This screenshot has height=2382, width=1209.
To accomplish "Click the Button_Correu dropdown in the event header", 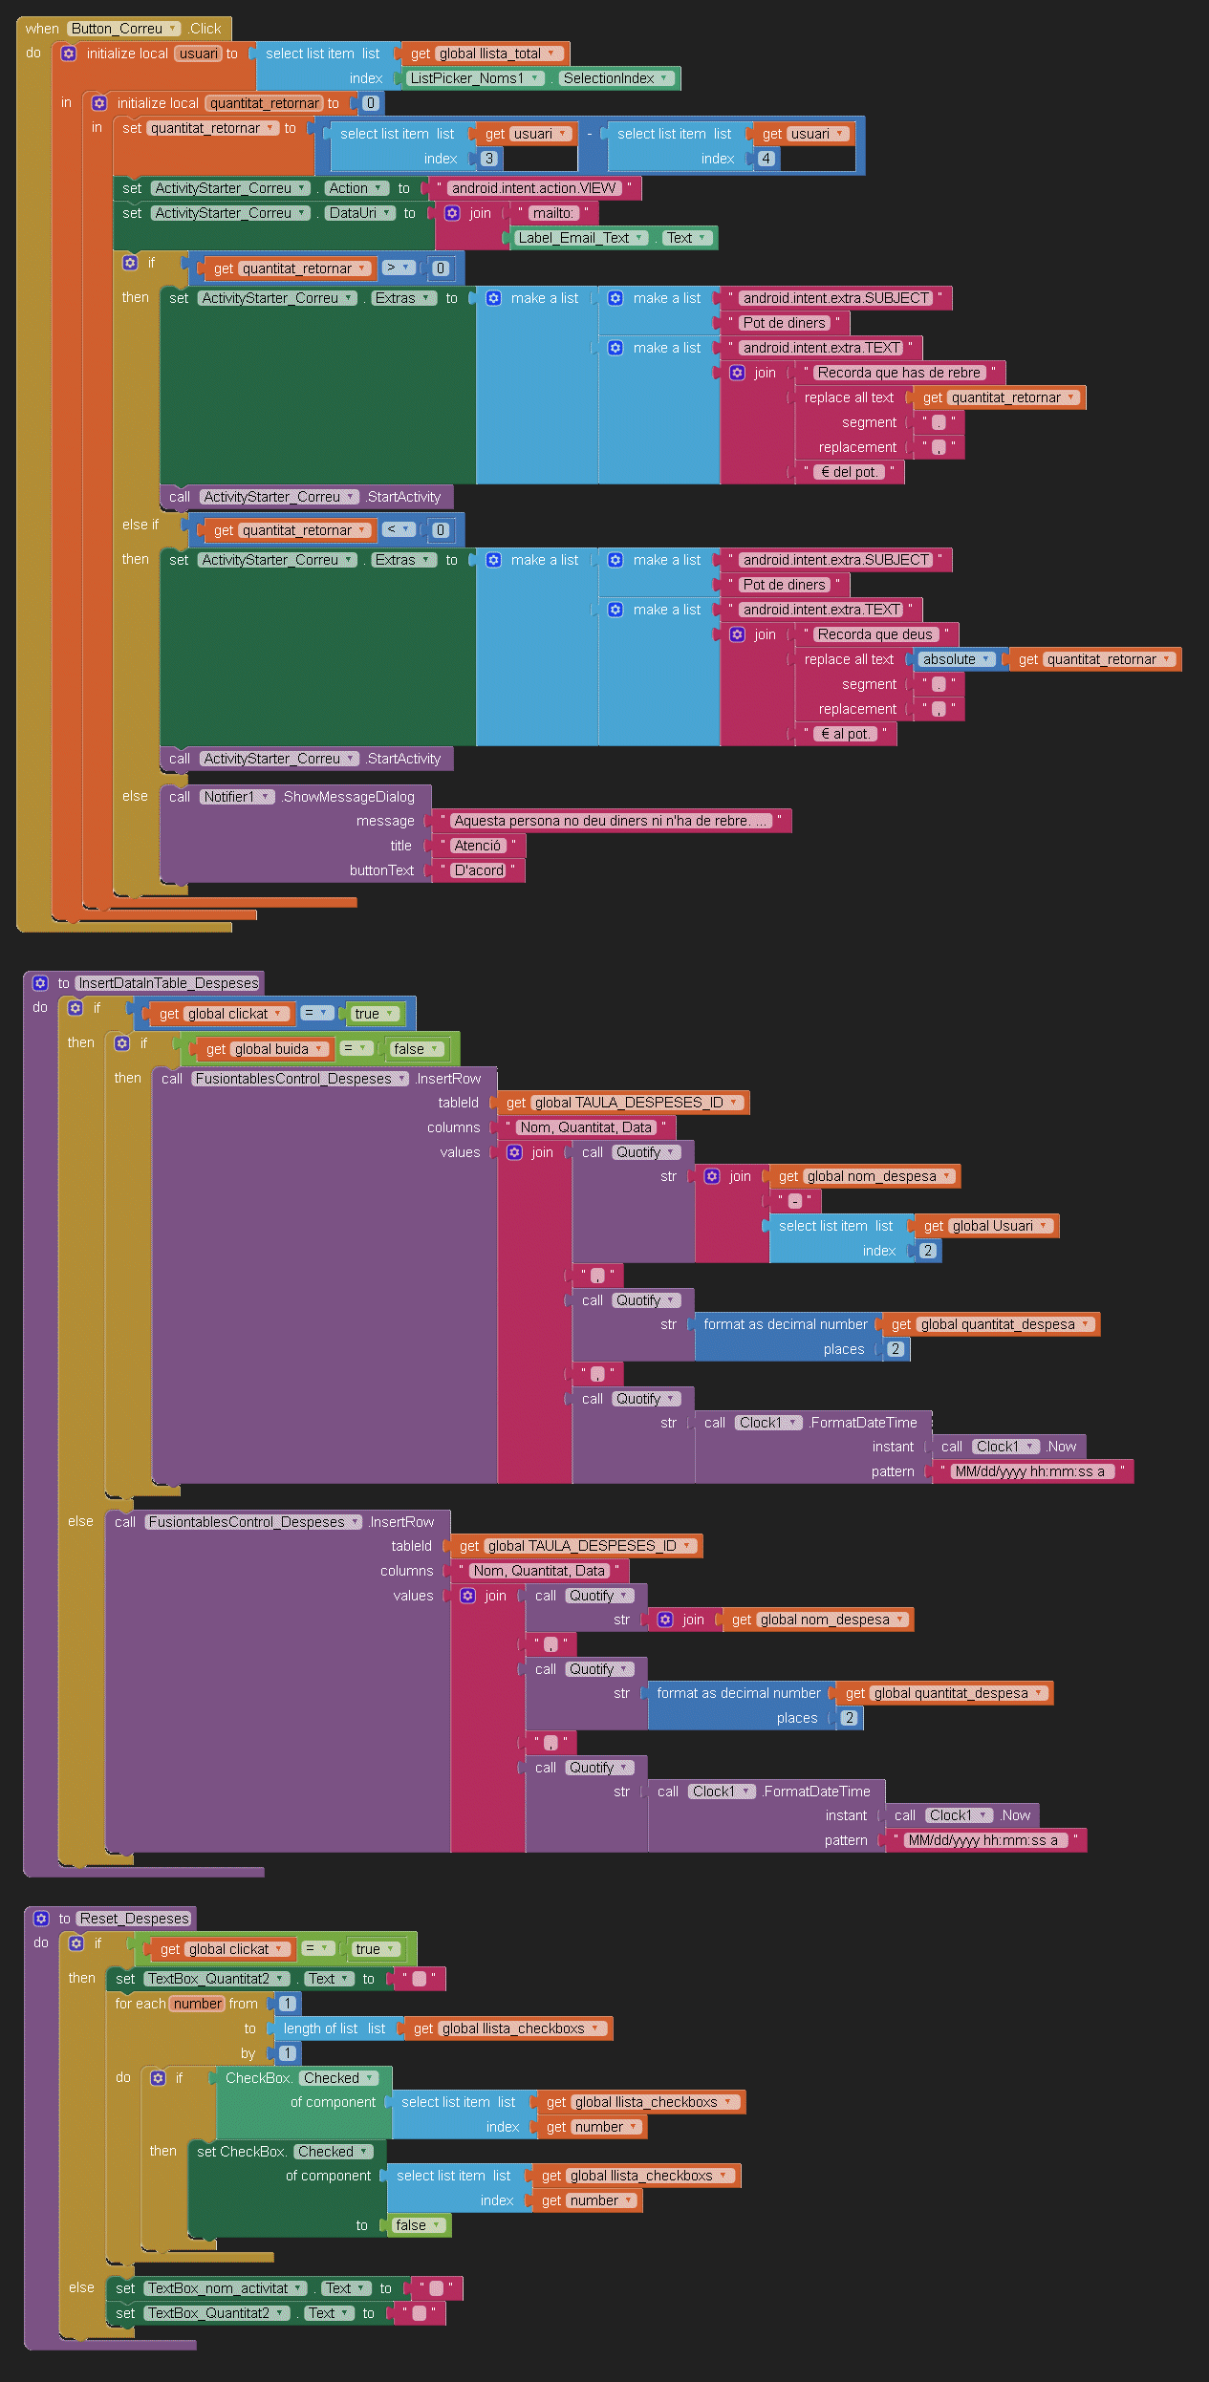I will pos(124,29).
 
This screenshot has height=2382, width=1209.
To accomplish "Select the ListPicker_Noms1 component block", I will pos(475,78).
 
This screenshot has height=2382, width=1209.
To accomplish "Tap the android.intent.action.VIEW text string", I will pos(533,188).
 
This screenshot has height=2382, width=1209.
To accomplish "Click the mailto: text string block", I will pos(552,213).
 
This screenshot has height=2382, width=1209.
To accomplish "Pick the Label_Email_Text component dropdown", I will pos(581,238).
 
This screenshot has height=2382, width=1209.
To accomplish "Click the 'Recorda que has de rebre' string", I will pos(898,373).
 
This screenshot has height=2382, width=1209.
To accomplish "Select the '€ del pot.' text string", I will pos(849,472).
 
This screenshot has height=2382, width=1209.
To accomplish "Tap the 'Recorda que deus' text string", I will pos(874,634).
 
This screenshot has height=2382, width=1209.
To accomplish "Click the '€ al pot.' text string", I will pos(846,734).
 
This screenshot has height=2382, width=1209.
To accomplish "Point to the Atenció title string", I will pos(477,846).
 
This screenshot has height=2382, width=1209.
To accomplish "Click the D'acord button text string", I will pos(479,870).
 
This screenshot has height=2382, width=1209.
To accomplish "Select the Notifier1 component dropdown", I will pos(236,797).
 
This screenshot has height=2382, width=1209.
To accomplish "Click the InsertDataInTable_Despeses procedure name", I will pos(168,983).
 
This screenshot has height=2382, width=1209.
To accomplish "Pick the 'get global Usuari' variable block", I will pos(985,1226).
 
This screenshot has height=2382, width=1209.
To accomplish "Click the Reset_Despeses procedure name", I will pos(135,1919).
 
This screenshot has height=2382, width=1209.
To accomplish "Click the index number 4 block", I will pos(766,159).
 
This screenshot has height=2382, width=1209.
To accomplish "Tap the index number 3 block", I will pos(488,159).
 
